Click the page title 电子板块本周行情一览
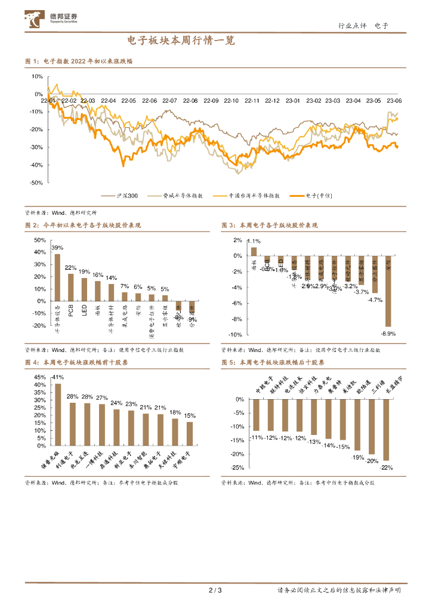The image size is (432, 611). pos(181,41)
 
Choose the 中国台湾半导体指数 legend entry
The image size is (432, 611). pos(248,195)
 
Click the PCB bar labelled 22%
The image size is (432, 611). pos(71,287)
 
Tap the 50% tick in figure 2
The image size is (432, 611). pos(40,240)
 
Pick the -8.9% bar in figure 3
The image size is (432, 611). pos(388,291)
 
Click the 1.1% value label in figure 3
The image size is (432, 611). pos(252,241)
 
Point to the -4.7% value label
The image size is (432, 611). pos(375,300)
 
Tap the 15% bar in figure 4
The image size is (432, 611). pos(190,434)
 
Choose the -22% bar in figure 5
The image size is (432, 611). pos(386,430)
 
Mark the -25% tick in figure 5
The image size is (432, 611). pos(238,468)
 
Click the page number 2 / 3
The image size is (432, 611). pos(215,591)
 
